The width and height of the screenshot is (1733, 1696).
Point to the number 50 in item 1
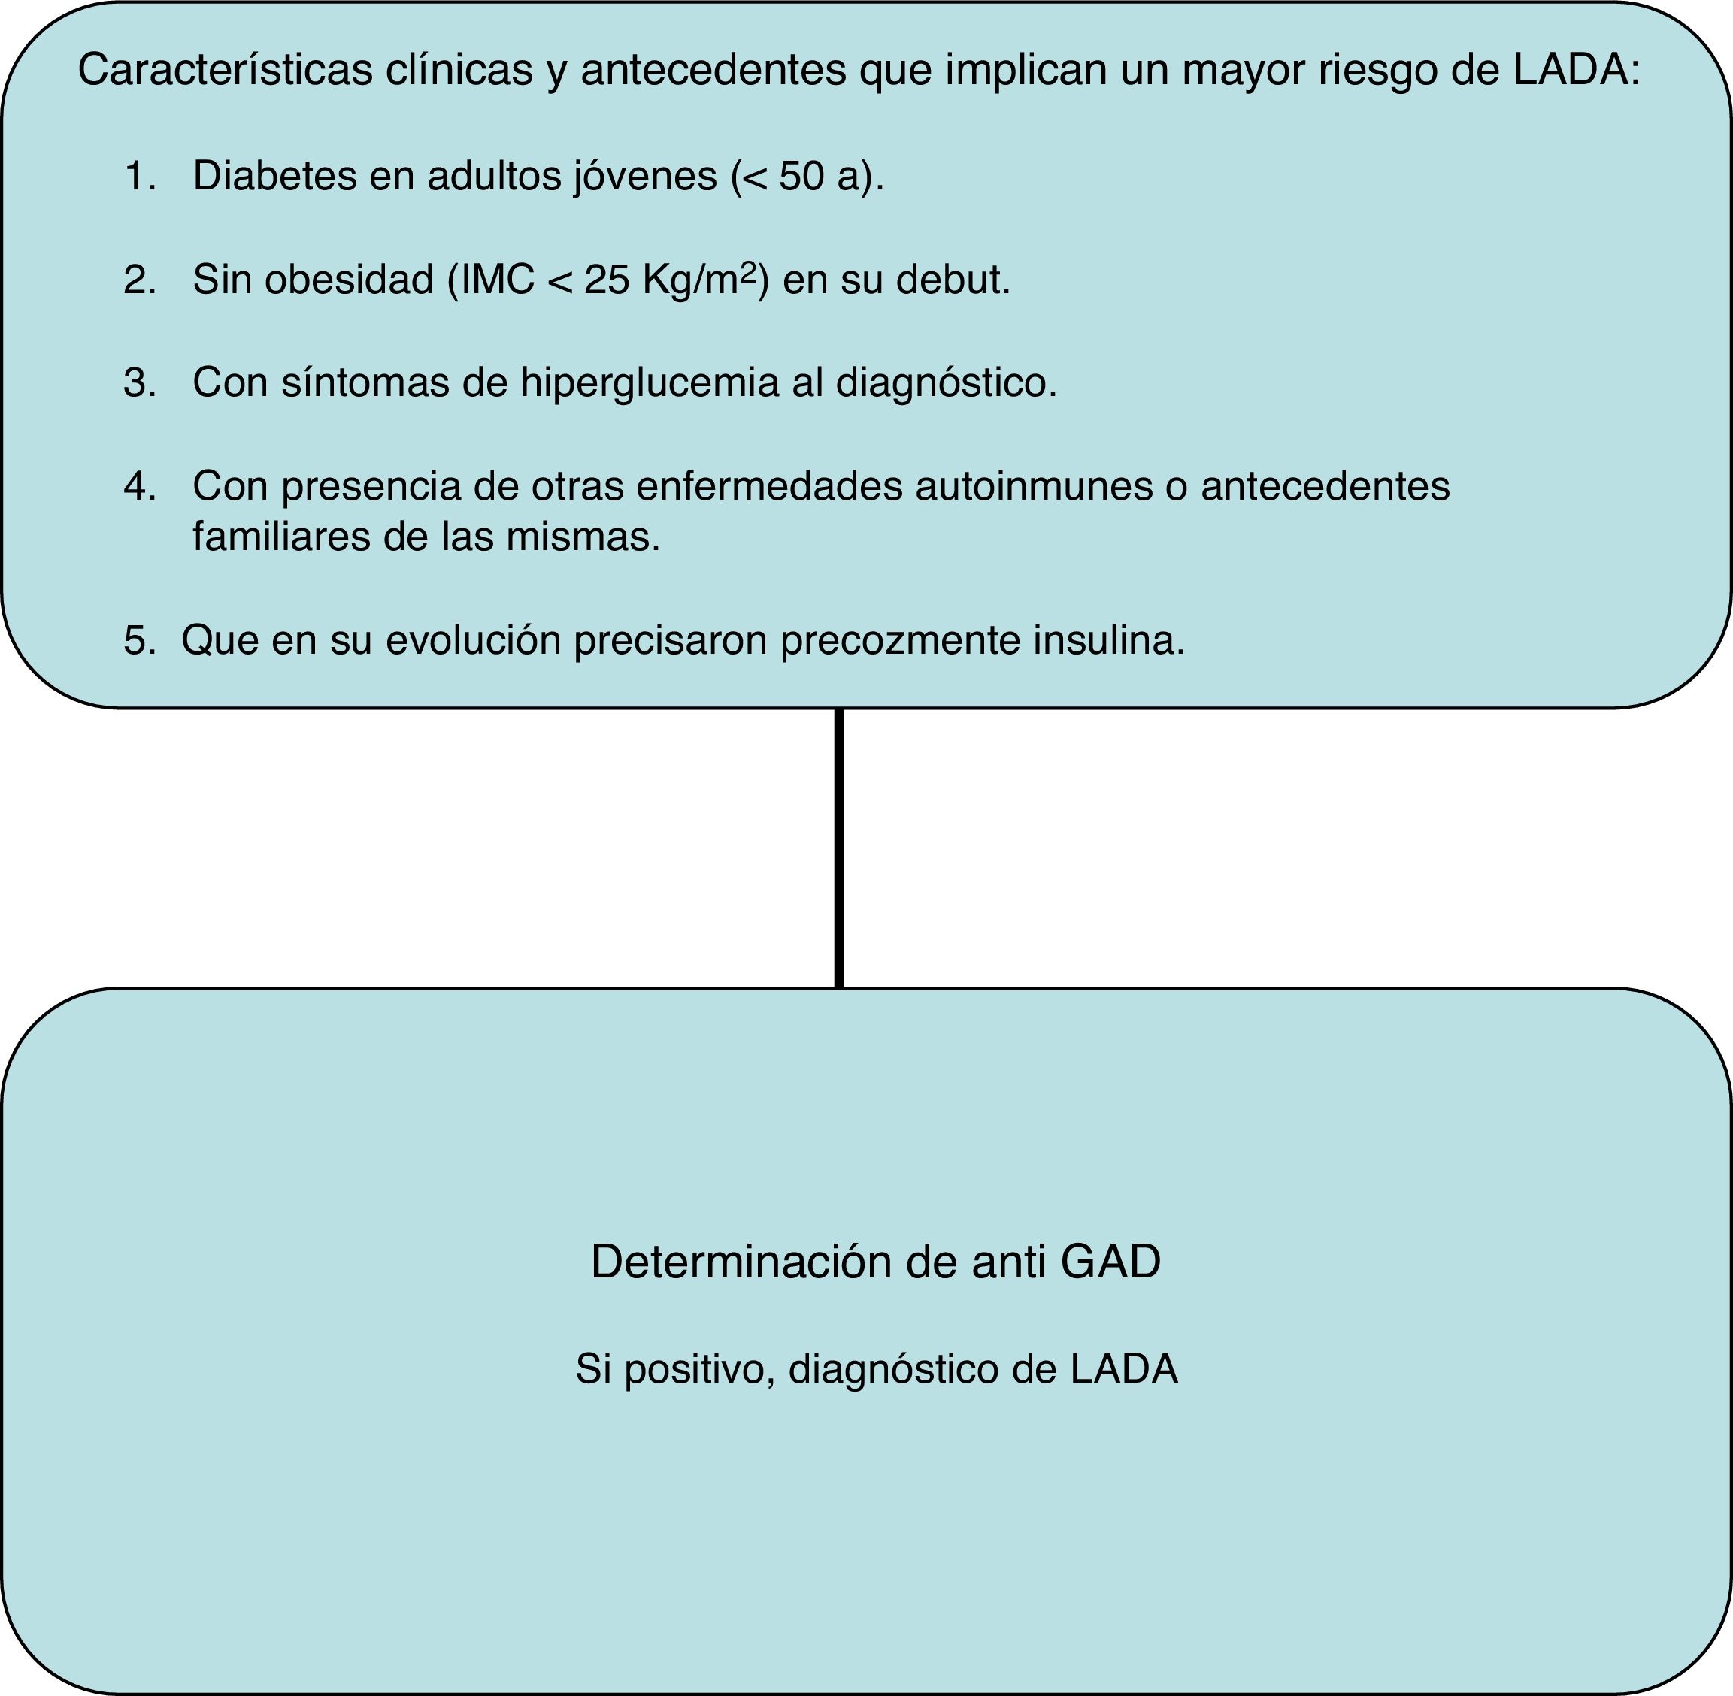click(x=801, y=177)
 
